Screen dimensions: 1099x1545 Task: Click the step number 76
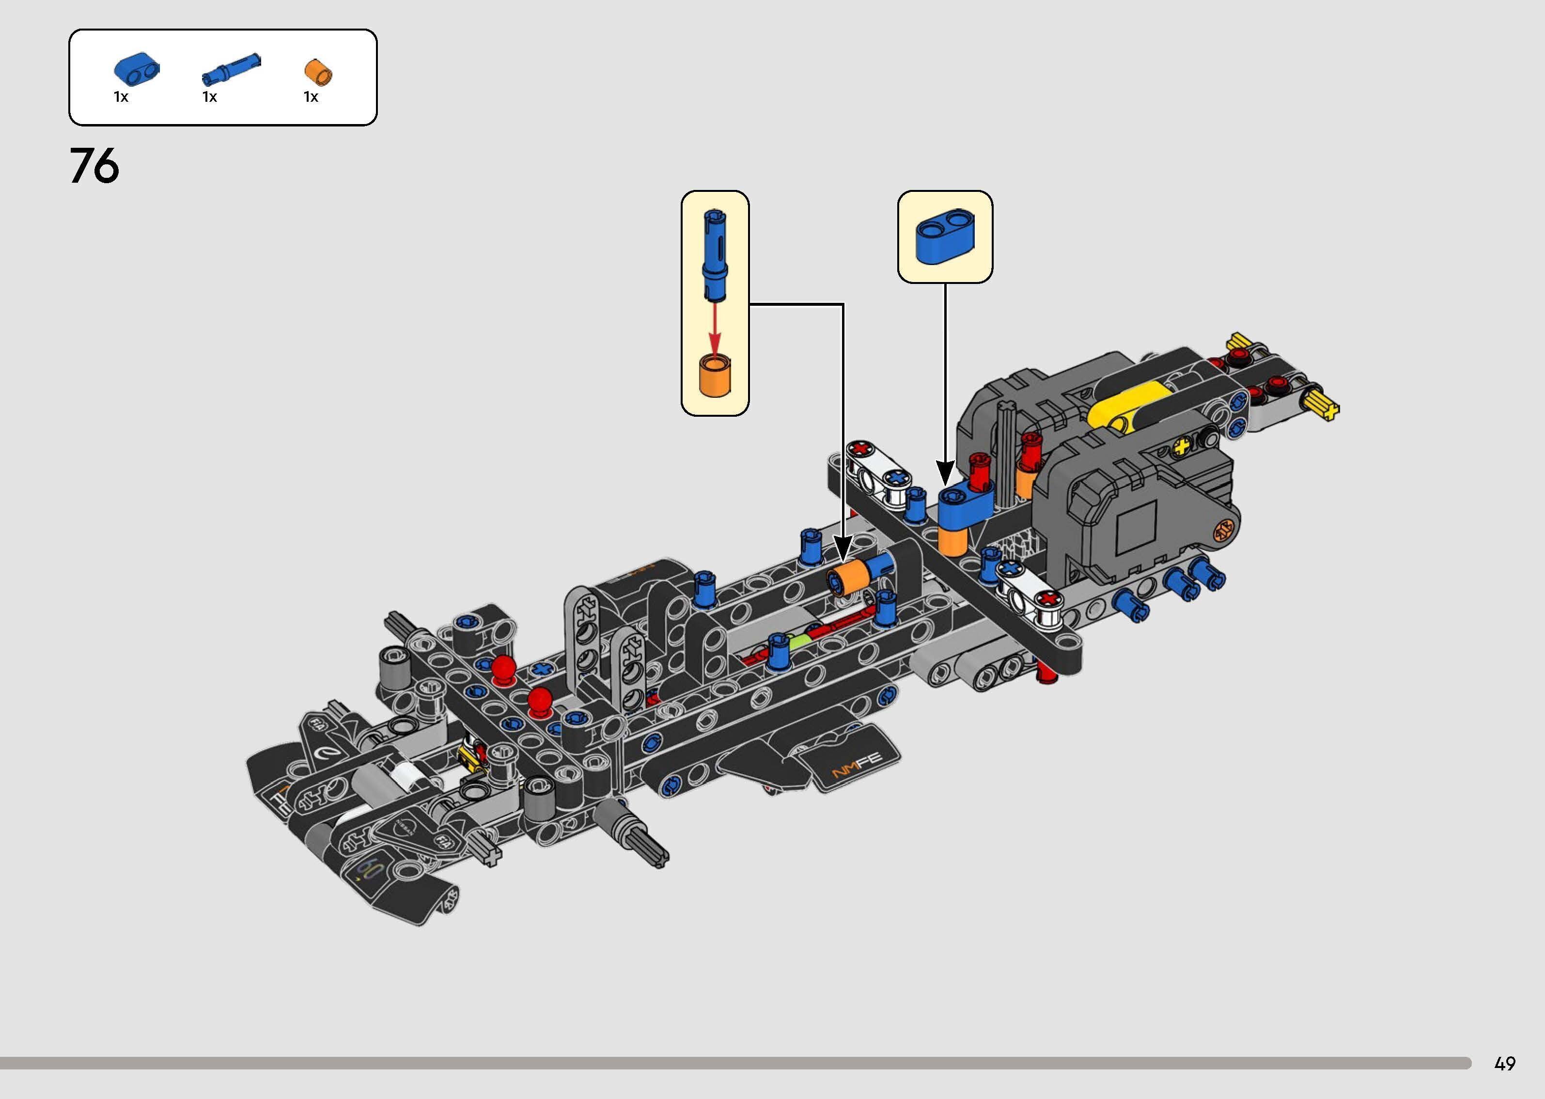pyautogui.click(x=94, y=167)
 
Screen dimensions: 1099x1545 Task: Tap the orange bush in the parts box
pyautogui.click(x=319, y=72)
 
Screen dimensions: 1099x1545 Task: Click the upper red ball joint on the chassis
pyautogui.click(x=503, y=667)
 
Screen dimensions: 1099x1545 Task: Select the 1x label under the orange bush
pyautogui.click(x=311, y=97)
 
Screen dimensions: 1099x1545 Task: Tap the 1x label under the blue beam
pyautogui.click(x=121, y=97)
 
